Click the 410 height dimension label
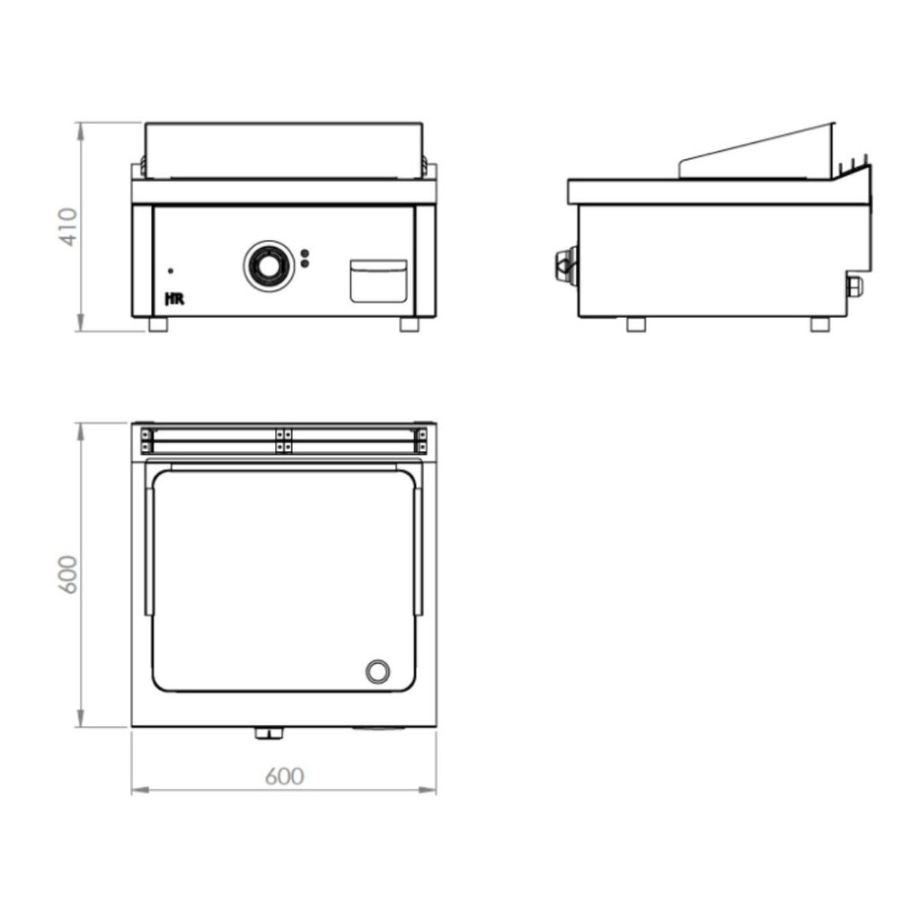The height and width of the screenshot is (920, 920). [68, 228]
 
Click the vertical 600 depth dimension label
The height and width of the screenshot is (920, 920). [68, 574]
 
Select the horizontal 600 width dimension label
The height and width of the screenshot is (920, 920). [284, 776]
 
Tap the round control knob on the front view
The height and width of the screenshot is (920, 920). [267, 266]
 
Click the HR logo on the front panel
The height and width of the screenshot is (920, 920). [175, 299]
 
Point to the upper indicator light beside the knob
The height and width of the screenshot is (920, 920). [305, 253]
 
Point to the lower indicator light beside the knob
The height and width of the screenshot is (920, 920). [305, 264]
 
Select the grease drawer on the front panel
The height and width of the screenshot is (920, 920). [377, 280]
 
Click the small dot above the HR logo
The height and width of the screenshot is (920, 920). [172, 270]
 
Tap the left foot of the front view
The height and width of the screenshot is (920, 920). [158, 324]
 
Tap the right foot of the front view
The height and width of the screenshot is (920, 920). [410, 324]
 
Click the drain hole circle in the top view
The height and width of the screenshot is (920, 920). [377, 671]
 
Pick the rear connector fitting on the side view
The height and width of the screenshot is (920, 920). [854, 286]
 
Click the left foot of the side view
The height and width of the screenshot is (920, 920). [636, 324]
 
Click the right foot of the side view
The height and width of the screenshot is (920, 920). [819, 324]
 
